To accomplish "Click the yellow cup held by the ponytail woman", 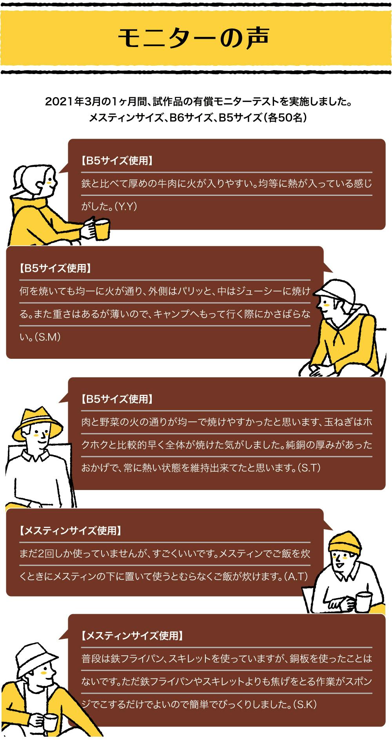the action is click(102, 230).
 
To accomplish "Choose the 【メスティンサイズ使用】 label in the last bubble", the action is click(132, 635).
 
